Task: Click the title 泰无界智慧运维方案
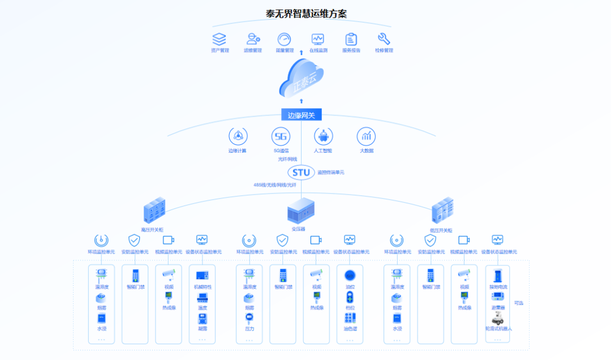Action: point(306,14)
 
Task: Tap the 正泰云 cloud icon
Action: point(302,79)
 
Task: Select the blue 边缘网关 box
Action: point(301,115)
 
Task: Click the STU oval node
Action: point(301,172)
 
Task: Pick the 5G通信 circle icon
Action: point(281,136)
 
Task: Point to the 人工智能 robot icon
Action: point(324,136)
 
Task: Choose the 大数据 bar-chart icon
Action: point(367,136)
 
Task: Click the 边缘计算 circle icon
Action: point(238,136)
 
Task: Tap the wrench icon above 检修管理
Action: point(384,38)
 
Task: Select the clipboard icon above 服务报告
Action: point(351,39)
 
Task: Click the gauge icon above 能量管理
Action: point(284,39)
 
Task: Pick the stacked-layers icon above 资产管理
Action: point(219,39)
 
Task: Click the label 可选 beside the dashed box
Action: point(518,303)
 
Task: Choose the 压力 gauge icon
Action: point(249,318)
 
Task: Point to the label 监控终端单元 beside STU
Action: point(331,172)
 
